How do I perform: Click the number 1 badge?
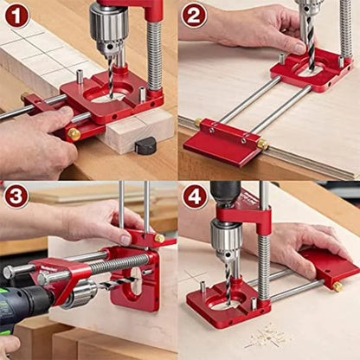16,16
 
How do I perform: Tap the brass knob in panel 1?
74,134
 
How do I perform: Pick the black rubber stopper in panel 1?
145,145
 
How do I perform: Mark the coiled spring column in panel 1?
154,56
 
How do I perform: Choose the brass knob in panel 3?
158,238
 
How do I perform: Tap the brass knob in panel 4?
337,286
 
